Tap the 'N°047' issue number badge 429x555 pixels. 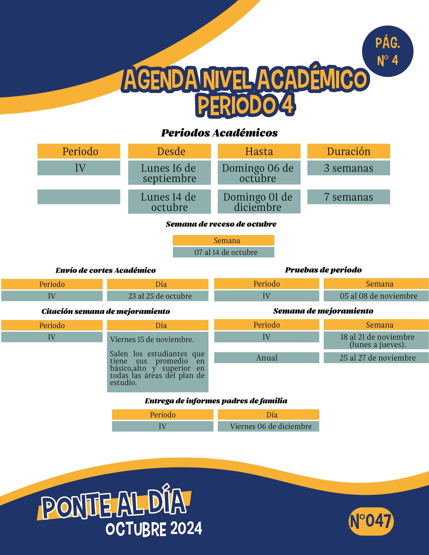click(x=371, y=521)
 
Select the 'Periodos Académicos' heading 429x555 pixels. click(x=219, y=133)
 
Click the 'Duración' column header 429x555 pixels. click(x=348, y=151)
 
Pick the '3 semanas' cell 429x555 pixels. click(x=348, y=168)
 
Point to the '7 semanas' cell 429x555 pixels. click(x=348, y=197)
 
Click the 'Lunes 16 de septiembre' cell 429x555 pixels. click(x=169, y=173)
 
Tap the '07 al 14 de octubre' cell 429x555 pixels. click(x=223, y=252)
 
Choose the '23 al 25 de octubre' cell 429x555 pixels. click(x=158, y=296)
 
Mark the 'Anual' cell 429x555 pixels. click(x=267, y=358)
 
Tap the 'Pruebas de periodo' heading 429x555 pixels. click(x=323, y=270)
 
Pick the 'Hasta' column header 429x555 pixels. click(x=259, y=151)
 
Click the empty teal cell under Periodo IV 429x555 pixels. click(x=79, y=197)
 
